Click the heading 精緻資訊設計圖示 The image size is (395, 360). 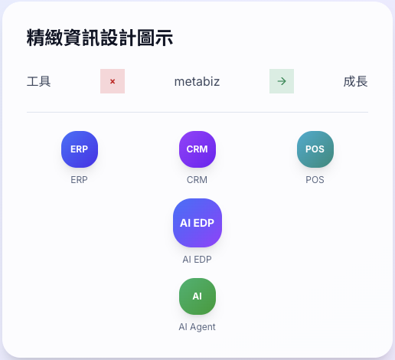[x=100, y=38]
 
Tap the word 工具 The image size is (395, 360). [x=39, y=81]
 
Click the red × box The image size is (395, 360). [x=113, y=81]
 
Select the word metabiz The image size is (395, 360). [x=197, y=82]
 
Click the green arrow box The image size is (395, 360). [x=282, y=81]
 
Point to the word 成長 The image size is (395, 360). [x=355, y=81]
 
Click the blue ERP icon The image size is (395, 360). [x=80, y=149]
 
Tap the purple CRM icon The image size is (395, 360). [x=197, y=149]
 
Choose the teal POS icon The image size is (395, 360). [x=315, y=149]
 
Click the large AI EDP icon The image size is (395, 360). [x=197, y=223]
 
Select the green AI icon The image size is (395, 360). [x=197, y=296]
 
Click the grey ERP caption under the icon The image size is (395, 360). [x=79, y=180]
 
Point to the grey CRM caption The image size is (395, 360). [x=197, y=180]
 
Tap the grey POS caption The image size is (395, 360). [x=315, y=180]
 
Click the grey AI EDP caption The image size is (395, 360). [x=197, y=260]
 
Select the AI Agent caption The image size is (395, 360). [x=197, y=327]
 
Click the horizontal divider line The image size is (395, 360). [x=197, y=112]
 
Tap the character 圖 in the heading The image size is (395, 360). [x=145, y=38]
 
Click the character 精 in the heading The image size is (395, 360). [x=35, y=38]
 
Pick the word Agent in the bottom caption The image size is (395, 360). [x=203, y=327]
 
